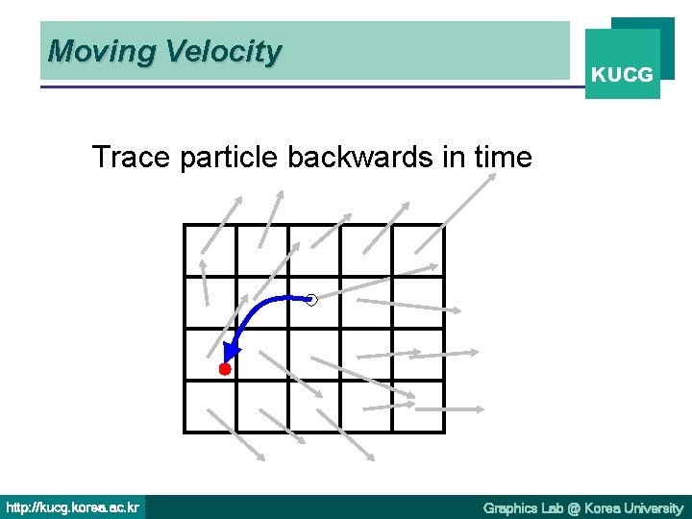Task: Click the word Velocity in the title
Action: [x=223, y=51]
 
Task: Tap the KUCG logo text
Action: [x=622, y=74]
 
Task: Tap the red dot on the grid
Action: [x=225, y=369]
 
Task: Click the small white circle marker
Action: [x=311, y=301]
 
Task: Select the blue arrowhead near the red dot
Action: [x=232, y=352]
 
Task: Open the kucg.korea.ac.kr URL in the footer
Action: [x=72, y=507]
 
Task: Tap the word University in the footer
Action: [x=651, y=507]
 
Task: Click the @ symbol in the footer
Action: [x=573, y=507]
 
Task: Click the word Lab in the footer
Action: [x=552, y=507]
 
